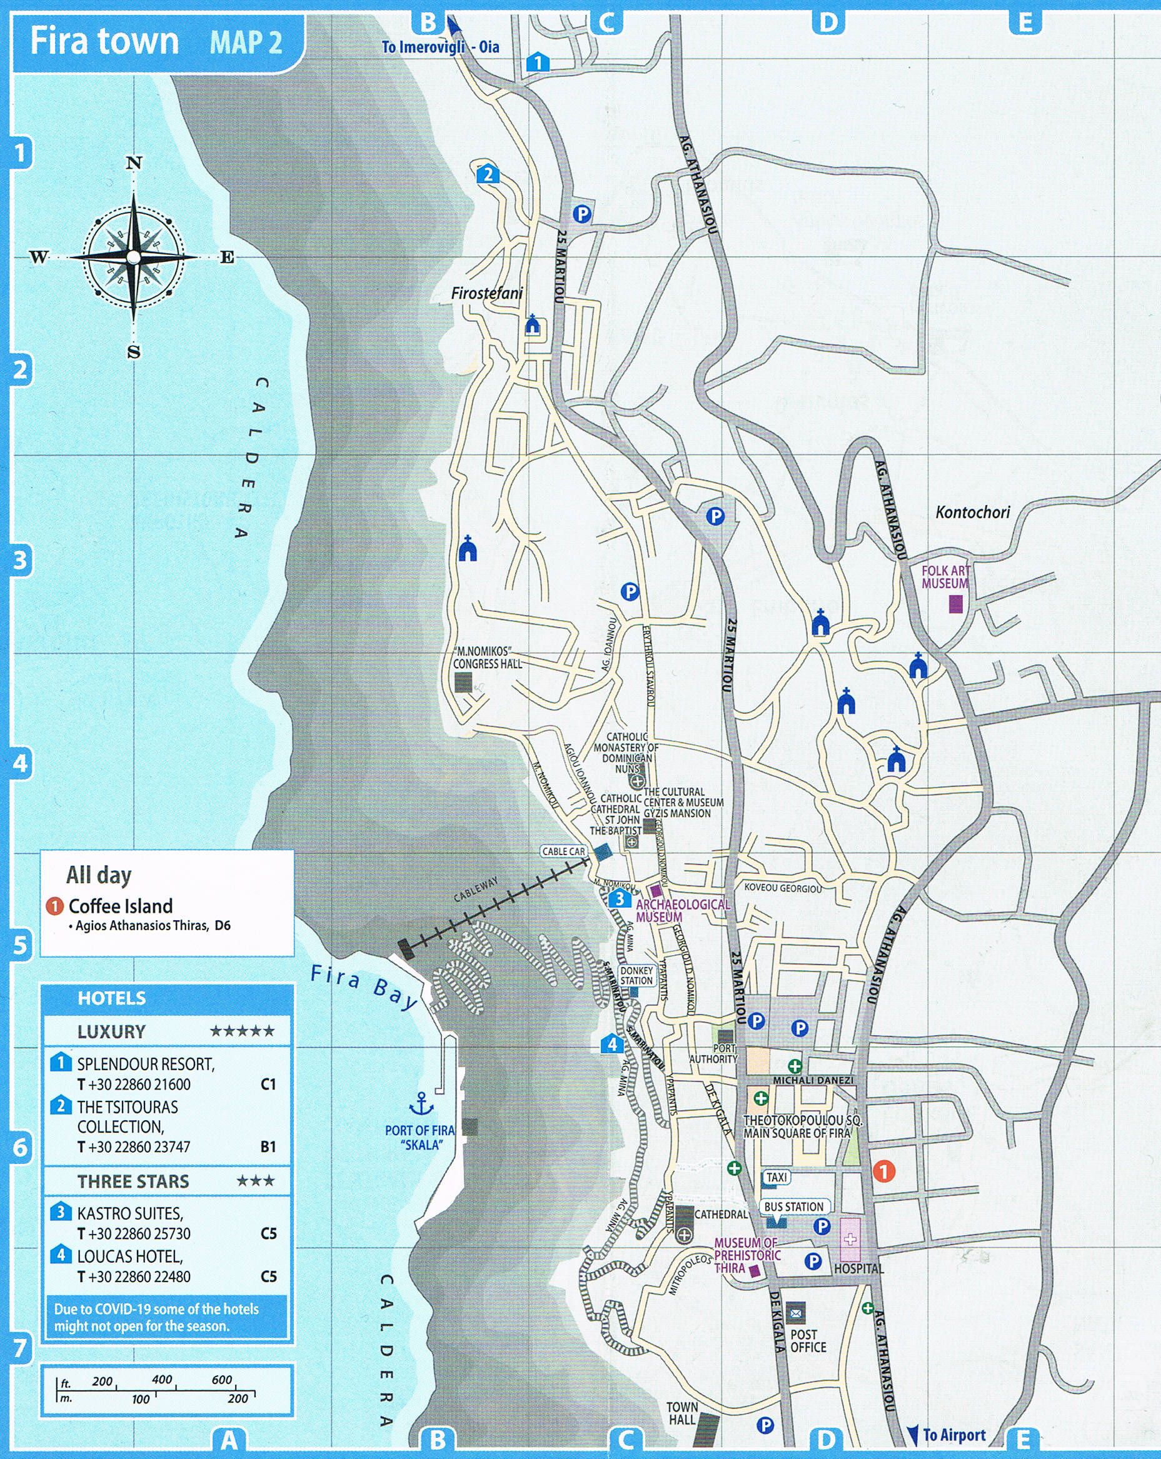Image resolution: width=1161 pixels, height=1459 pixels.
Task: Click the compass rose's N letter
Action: click(134, 163)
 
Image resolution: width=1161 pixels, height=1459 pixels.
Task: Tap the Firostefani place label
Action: click(487, 294)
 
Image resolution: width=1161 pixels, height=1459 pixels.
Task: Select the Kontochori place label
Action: click(972, 512)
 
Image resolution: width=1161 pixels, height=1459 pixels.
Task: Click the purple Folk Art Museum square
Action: click(955, 604)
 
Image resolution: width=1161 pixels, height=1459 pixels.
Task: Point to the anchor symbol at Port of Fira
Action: click(422, 1104)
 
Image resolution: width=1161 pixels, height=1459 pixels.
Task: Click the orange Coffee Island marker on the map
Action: click(883, 1171)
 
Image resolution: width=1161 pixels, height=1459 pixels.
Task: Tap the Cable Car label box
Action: click(563, 851)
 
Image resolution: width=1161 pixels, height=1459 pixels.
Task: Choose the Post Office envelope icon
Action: click(795, 1313)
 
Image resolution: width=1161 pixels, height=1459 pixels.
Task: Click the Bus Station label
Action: click(793, 1206)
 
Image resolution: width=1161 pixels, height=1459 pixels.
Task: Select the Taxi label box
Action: click(777, 1177)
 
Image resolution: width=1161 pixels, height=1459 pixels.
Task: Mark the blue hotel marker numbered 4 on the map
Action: click(612, 1044)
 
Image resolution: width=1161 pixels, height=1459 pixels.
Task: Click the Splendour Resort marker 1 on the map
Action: click(538, 63)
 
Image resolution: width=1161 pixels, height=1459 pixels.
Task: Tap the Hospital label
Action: click(858, 1268)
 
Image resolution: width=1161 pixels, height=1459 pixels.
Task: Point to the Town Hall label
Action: click(681, 1413)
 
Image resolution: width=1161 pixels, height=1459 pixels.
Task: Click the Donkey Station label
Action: click(636, 975)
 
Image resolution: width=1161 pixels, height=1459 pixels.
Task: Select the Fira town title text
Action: click(104, 41)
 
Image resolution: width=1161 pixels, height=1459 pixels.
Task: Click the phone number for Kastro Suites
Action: click(134, 1234)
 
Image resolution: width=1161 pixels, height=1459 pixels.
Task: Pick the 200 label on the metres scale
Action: click(238, 1399)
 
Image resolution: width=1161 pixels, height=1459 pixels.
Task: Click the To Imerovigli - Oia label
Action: click(440, 47)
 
